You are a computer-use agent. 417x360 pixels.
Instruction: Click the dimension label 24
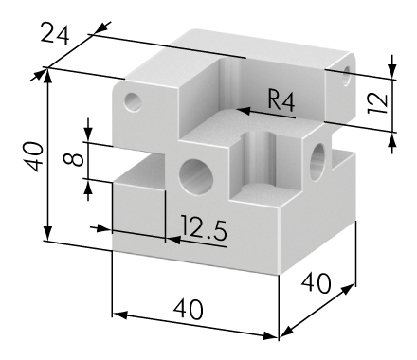pyautogui.click(x=54, y=33)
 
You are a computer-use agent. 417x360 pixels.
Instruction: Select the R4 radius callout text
pyautogui.click(x=281, y=99)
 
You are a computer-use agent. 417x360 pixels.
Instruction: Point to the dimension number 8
pyautogui.click(x=73, y=159)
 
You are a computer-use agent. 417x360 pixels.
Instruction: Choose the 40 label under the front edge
pyautogui.click(x=188, y=309)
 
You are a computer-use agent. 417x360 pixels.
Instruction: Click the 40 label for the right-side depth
pyautogui.click(x=316, y=282)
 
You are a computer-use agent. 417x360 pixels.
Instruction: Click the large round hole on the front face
pyautogui.click(x=196, y=176)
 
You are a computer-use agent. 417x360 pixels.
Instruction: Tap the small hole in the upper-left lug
pyautogui.click(x=133, y=102)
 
